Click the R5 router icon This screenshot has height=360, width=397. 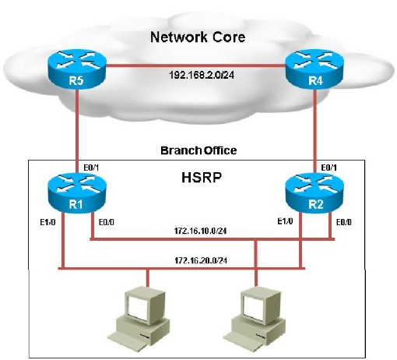[x=77, y=69]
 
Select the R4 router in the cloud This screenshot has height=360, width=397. [x=314, y=69]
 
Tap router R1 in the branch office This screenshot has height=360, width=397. [x=77, y=192]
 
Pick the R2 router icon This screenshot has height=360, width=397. [x=314, y=192]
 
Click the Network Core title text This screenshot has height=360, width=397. [x=198, y=37]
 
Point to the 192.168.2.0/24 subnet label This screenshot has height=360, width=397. [x=202, y=75]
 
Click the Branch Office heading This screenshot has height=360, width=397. [x=198, y=150]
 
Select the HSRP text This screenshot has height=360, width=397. [x=202, y=178]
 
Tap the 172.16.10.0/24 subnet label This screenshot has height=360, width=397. [x=200, y=231]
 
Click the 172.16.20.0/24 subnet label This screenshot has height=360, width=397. [x=201, y=260]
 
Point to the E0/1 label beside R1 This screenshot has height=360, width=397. [x=91, y=168]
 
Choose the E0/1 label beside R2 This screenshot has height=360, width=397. [x=329, y=168]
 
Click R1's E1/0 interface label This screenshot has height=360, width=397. [x=47, y=222]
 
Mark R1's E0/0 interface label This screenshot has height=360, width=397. [x=107, y=222]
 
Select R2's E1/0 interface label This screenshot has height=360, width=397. [x=286, y=221]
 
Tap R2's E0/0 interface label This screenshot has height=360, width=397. [x=344, y=222]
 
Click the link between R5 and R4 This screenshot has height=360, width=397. [x=196, y=66]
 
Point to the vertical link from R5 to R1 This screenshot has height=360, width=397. [x=77, y=131]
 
